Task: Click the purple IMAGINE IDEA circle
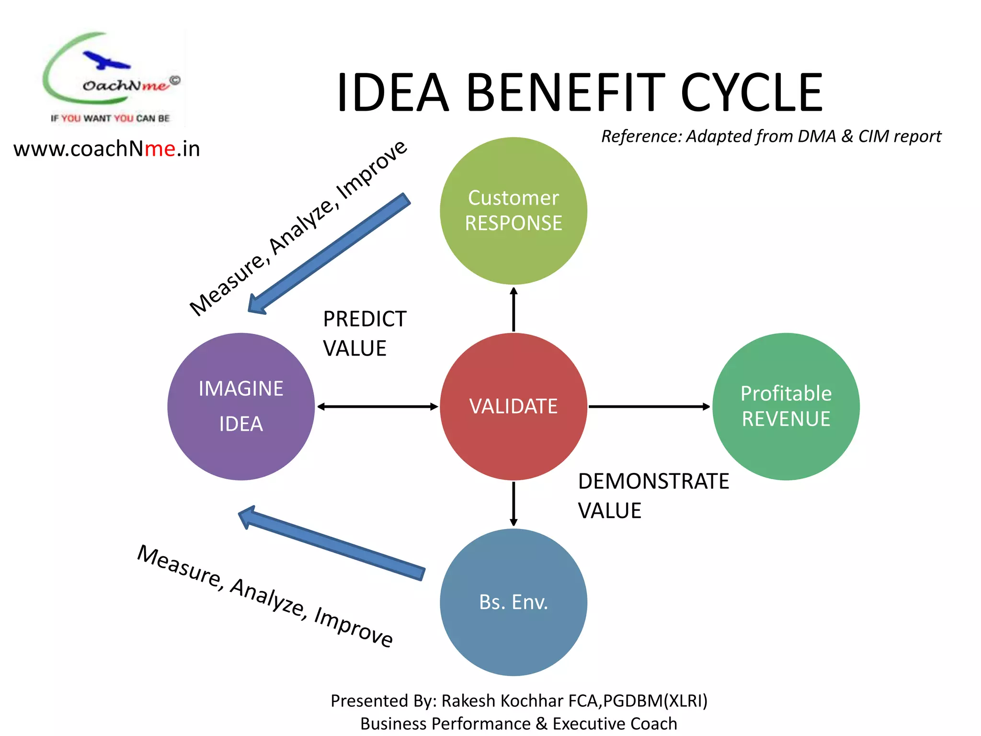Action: (241, 406)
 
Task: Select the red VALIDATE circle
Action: (513, 406)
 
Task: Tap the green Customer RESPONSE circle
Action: (513, 211)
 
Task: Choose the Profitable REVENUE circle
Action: (786, 406)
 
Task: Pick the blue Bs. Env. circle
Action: (513, 602)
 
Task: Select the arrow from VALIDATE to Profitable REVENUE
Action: (649, 406)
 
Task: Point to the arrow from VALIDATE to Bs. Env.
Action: (513, 504)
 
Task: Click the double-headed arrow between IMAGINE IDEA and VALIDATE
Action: (377, 406)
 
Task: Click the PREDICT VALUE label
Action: (364, 333)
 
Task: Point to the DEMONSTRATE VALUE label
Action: (652, 495)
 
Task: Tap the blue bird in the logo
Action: (106, 60)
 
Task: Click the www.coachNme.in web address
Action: (106, 149)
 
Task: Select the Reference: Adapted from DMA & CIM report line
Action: (771, 136)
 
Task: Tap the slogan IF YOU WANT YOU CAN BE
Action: (110, 118)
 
